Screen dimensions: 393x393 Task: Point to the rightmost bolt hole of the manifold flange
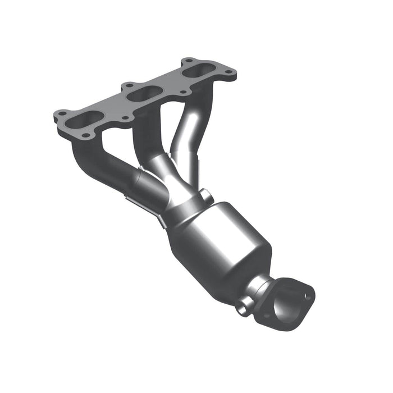click(230, 71)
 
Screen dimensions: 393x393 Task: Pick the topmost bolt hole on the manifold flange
click(189, 61)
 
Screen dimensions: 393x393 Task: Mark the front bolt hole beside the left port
click(85, 135)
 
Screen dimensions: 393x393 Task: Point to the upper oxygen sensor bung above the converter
click(206, 196)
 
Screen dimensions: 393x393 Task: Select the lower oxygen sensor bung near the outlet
click(243, 306)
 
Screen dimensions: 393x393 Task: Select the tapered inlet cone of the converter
click(185, 216)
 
